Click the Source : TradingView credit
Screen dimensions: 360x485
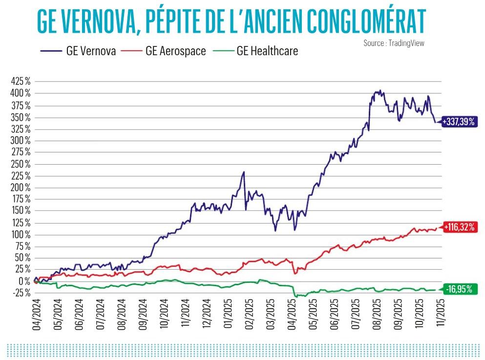394,43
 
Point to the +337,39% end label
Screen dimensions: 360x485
459,122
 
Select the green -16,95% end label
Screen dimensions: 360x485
459,289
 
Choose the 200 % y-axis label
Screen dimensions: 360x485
21,188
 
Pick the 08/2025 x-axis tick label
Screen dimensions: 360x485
375,315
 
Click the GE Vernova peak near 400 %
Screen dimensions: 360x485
380,90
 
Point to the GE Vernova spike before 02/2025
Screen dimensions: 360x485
244,172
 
